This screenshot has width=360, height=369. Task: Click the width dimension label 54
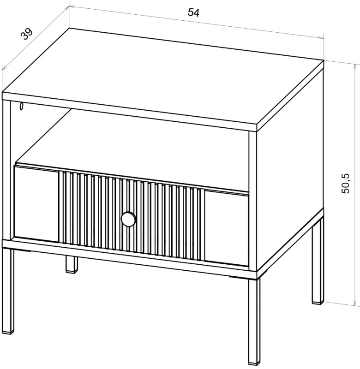click(x=193, y=12)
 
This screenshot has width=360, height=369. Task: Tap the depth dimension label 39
click(x=26, y=34)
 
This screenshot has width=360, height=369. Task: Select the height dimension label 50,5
click(x=345, y=184)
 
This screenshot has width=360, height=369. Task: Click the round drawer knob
click(x=128, y=219)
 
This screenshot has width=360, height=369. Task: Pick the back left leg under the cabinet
click(x=72, y=264)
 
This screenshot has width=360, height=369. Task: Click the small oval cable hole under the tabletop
click(x=22, y=106)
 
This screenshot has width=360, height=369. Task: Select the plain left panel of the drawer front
click(x=36, y=203)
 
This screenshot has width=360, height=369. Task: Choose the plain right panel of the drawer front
click(x=227, y=228)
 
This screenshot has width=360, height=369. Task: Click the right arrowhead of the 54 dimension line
click(x=321, y=38)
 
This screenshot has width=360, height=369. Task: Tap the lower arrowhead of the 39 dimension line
click(x=4, y=68)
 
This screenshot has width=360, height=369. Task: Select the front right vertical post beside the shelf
click(x=253, y=201)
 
